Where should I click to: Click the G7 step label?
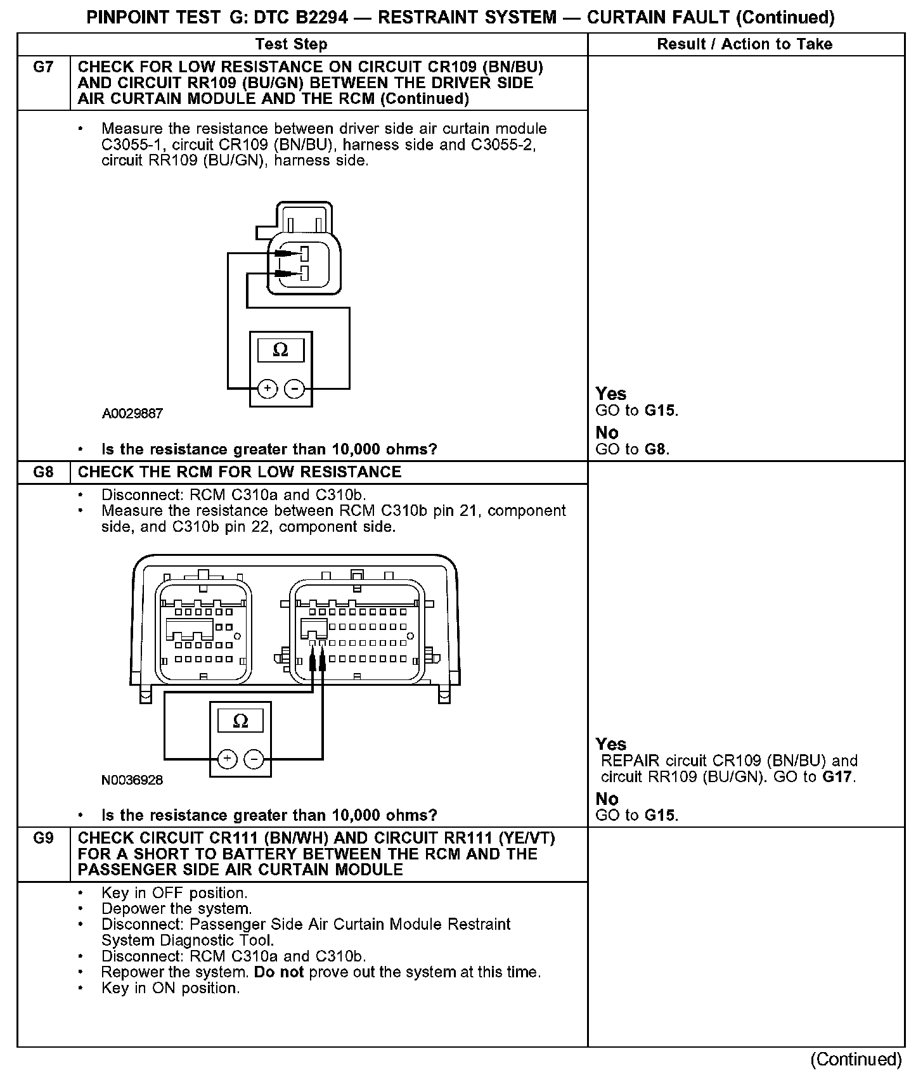point(43,67)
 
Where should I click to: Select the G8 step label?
point(43,472)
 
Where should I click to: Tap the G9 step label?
point(43,839)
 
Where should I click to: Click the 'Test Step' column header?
point(292,44)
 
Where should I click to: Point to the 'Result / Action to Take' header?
point(745,44)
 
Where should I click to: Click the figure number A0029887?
point(132,414)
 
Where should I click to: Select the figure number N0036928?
point(132,780)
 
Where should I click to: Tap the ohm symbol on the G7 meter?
point(280,350)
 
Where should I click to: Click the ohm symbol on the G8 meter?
point(240,721)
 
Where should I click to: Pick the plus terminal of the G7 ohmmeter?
point(268,389)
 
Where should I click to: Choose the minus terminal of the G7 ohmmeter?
point(294,389)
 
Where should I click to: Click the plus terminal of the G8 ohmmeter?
point(228,759)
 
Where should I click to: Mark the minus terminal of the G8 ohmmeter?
point(254,759)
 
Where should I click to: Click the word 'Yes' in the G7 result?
point(611,394)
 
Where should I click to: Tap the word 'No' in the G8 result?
point(607,799)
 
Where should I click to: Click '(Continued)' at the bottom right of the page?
point(856,1060)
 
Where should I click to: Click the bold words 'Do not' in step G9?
point(279,972)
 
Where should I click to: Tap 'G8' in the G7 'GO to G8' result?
point(657,449)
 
